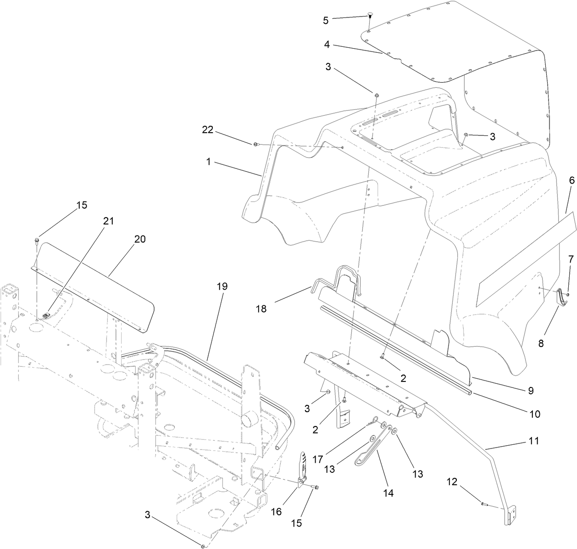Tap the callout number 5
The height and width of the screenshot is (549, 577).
coord(326,20)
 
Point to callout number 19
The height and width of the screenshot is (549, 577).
coord(222,286)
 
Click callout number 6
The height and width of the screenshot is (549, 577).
coord(571,181)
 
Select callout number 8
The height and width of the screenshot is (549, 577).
coord(541,343)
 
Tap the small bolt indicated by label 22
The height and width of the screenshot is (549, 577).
coord(256,145)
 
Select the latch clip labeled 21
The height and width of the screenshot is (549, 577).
coord(46,315)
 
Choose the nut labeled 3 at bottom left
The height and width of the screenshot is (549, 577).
coord(202,546)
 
